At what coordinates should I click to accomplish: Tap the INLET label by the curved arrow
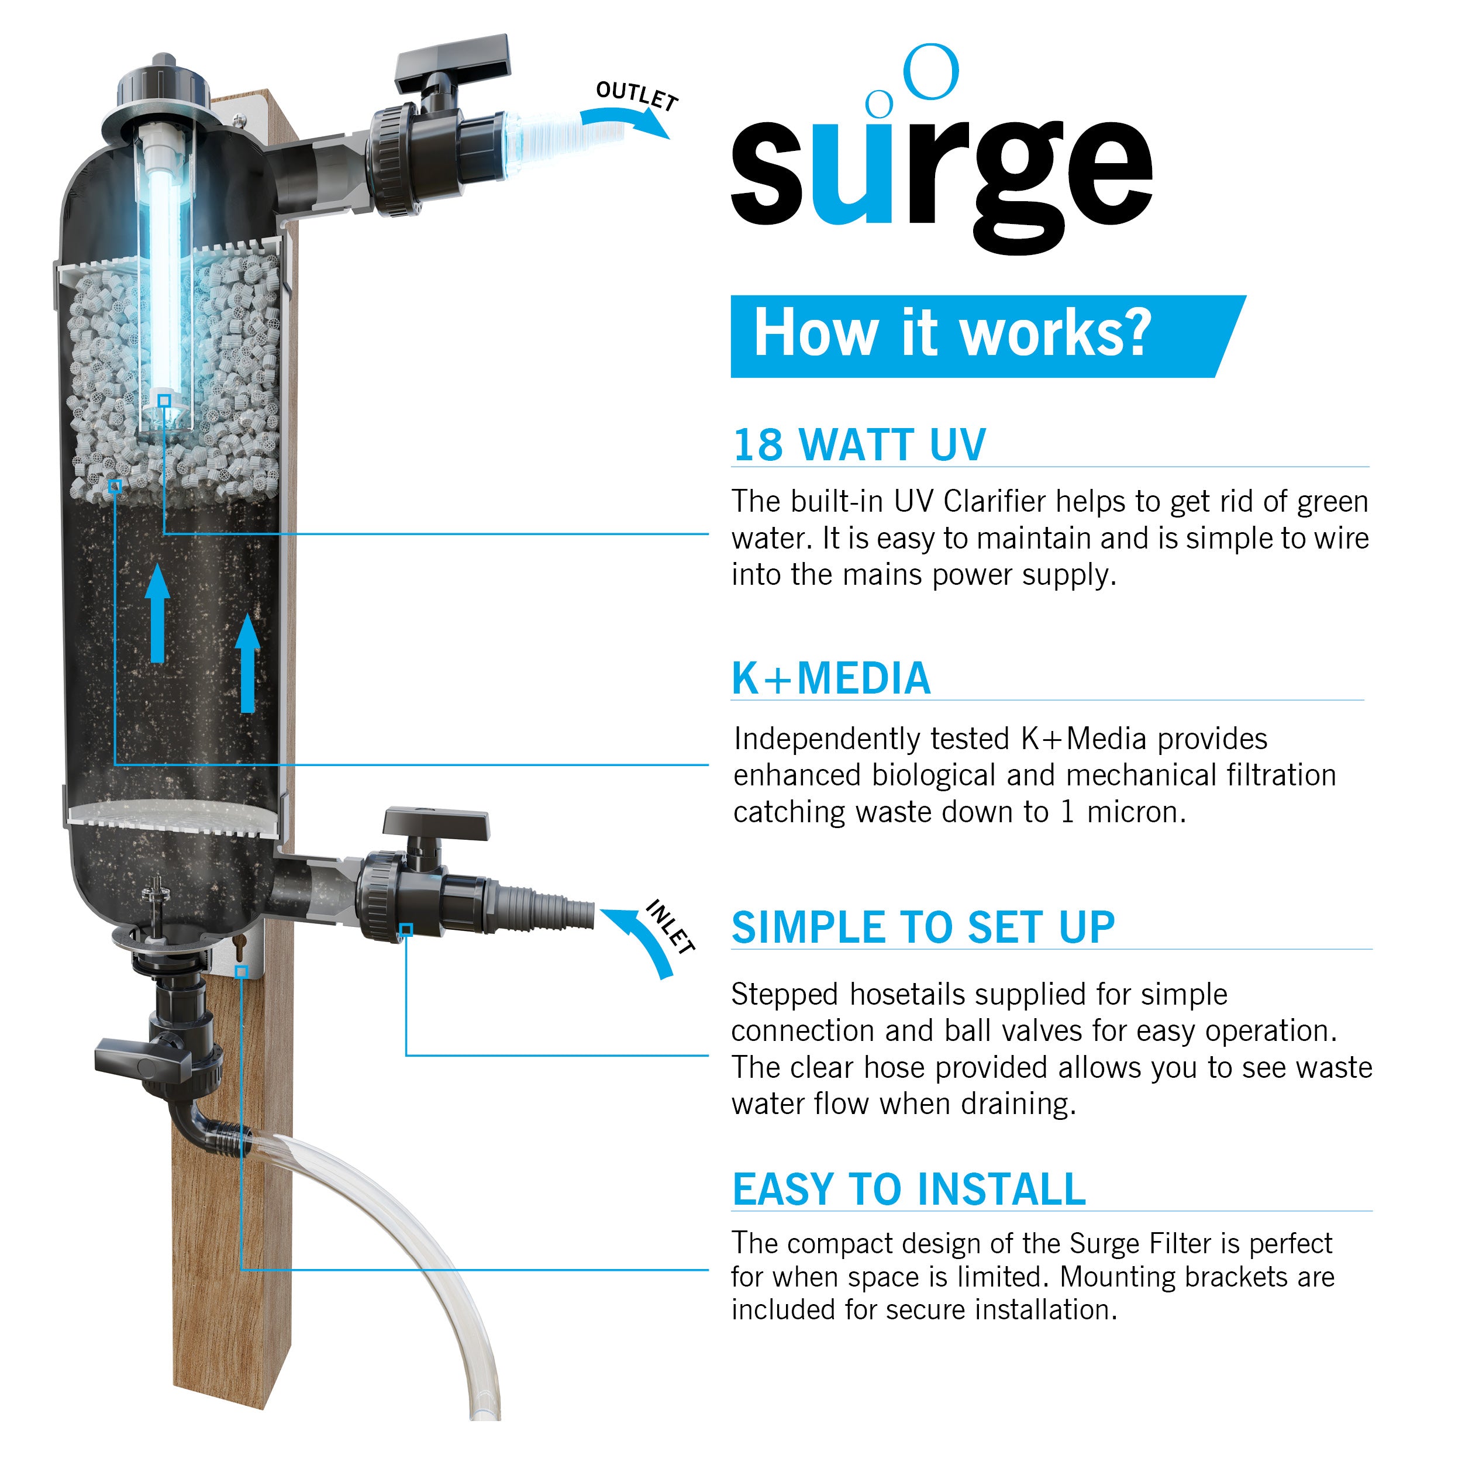(670, 926)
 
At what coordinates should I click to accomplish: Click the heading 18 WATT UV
(859, 445)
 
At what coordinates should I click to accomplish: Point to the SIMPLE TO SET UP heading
(922, 927)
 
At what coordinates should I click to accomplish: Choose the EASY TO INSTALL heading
(909, 1189)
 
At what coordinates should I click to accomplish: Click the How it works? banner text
(952, 334)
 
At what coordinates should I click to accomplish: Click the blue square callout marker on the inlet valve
(406, 929)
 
